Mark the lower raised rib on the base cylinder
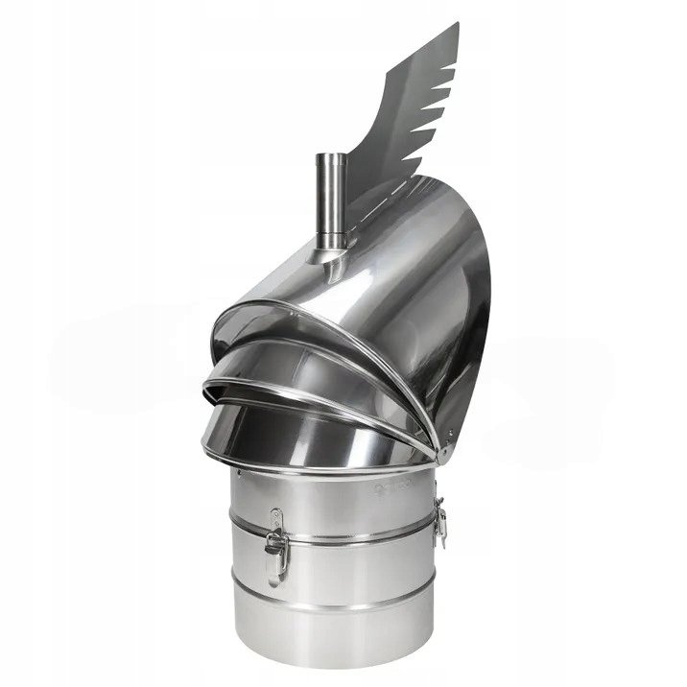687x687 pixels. pos(336,604)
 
